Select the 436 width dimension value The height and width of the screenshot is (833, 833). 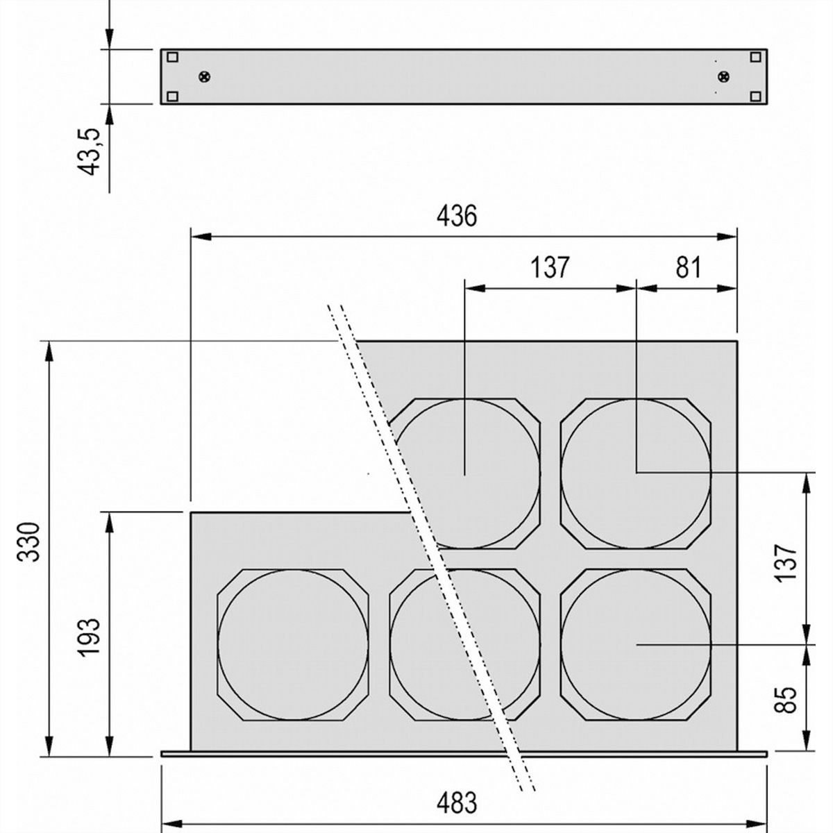point(457,216)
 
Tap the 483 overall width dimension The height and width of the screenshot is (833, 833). point(457,803)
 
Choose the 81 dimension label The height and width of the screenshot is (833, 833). point(687,267)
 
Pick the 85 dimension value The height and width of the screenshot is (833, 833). point(785,700)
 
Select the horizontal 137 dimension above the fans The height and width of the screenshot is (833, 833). point(550,267)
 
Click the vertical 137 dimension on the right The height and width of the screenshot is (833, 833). point(785,563)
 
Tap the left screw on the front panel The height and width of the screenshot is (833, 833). point(205,76)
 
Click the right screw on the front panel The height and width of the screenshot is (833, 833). point(723,76)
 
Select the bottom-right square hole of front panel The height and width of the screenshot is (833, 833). point(755,96)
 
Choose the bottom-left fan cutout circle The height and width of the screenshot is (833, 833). point(293,644)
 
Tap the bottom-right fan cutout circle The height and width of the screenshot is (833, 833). point(636,644)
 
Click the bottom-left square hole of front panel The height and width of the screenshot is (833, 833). point(173,96)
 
